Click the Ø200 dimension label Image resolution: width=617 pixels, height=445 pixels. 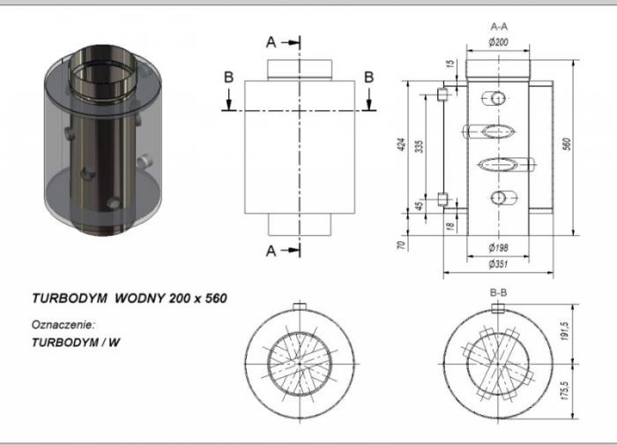pos(498,41)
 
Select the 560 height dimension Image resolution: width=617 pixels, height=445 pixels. pos(567,144)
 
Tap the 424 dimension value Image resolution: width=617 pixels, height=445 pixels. pos(401,145)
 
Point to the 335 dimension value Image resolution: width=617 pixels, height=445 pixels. pos(420,147)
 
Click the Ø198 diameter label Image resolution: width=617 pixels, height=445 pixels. pos(498,247)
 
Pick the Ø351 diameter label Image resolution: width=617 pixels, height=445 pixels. pos(498,264)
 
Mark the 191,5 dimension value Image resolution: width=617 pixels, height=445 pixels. pos(565,331)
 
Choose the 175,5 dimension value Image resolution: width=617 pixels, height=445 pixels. pos(565,390)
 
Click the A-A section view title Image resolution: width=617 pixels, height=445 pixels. pos(499,26)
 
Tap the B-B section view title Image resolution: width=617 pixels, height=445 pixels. pos(498,293)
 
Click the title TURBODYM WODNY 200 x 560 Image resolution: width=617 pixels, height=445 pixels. pos(130,298)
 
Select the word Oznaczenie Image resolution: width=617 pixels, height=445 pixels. pos(63,325)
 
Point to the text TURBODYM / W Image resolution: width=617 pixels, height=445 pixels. pos(76,342)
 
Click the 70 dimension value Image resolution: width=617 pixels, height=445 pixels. pos(401,245)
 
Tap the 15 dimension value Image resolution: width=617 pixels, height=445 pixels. pos(451,63)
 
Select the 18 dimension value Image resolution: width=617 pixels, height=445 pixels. pos(451,226)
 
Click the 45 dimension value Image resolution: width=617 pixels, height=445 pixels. pos(420,206)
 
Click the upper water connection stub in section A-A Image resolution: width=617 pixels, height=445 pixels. pos(442,94)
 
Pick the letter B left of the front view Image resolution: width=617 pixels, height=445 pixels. pos(228,77)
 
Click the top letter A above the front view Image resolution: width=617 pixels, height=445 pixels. pos(271,42)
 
